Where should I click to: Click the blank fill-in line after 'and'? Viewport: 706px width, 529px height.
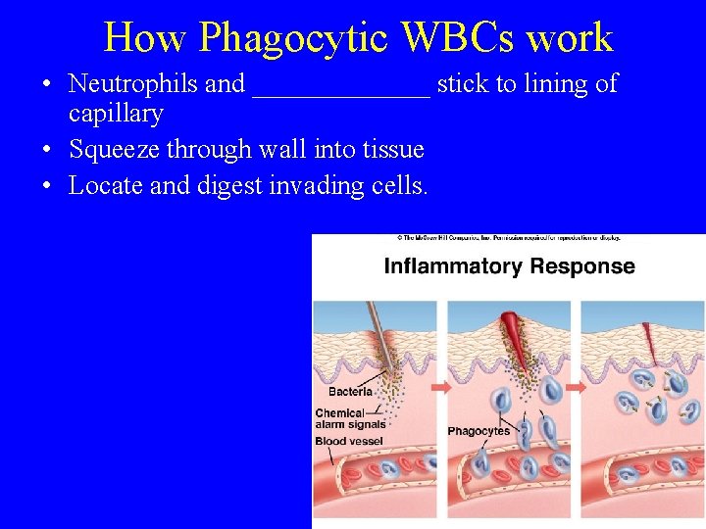(340, 88)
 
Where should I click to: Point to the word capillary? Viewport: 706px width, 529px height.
(116, 115)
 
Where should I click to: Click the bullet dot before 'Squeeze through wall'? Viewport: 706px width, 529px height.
(47, 150)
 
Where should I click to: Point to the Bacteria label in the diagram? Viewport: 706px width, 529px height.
(349, 392)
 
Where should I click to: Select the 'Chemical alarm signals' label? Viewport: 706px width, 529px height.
(350, 419)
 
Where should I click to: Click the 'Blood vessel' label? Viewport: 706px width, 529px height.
(350, 442)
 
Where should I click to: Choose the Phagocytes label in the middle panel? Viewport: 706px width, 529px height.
(479, 431)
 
